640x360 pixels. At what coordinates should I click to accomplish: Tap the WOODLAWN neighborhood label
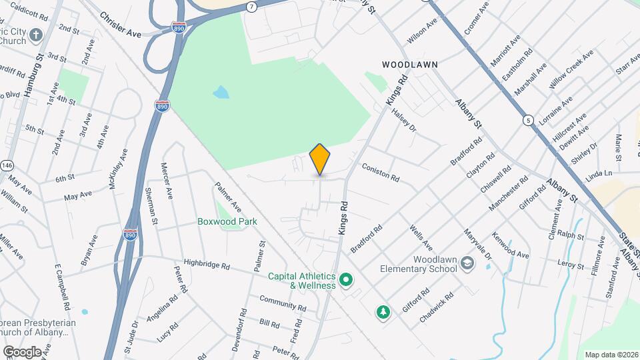pos(409,65)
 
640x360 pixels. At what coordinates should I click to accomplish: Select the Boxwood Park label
pos(227,221)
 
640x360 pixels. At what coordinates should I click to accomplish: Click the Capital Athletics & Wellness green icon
pos(345,279)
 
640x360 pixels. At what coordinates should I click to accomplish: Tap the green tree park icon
pos(383,312)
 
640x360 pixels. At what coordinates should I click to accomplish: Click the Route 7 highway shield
pos(251,7)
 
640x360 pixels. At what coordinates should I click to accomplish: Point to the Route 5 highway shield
pos(529,121)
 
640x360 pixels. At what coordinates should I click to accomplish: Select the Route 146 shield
pos(7,165)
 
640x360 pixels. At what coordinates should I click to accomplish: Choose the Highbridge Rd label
pos(207,265)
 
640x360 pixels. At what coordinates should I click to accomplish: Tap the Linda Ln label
pos(599,173)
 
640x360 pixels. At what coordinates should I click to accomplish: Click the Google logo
pos(22,351)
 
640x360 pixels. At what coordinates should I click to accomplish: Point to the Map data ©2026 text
pos(611,354)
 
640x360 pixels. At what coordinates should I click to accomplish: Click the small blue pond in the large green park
pos(221,92)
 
